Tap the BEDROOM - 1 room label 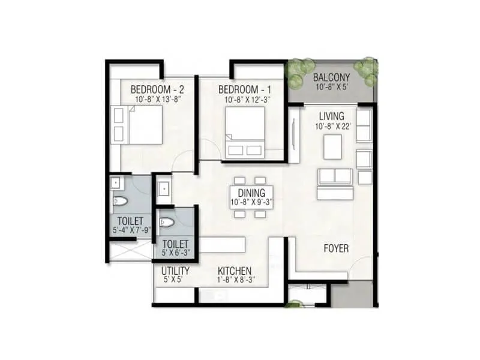click(x=244, y=89)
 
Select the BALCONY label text click(x=331, y=77)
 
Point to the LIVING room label click(x=331, y=116)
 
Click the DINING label click(x=251, y=193)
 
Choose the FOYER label click(x=336, y=248)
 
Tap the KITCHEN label click(x=235, y=271)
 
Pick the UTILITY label click(x=175, y=271)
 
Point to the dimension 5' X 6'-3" click(x=176, y=254)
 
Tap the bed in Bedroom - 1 click(x=245, y=133)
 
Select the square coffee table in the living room click(x=332, y=147)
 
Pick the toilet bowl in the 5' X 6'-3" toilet click(x=167, y=223)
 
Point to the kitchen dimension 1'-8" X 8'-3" click(x=235, y=280)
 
